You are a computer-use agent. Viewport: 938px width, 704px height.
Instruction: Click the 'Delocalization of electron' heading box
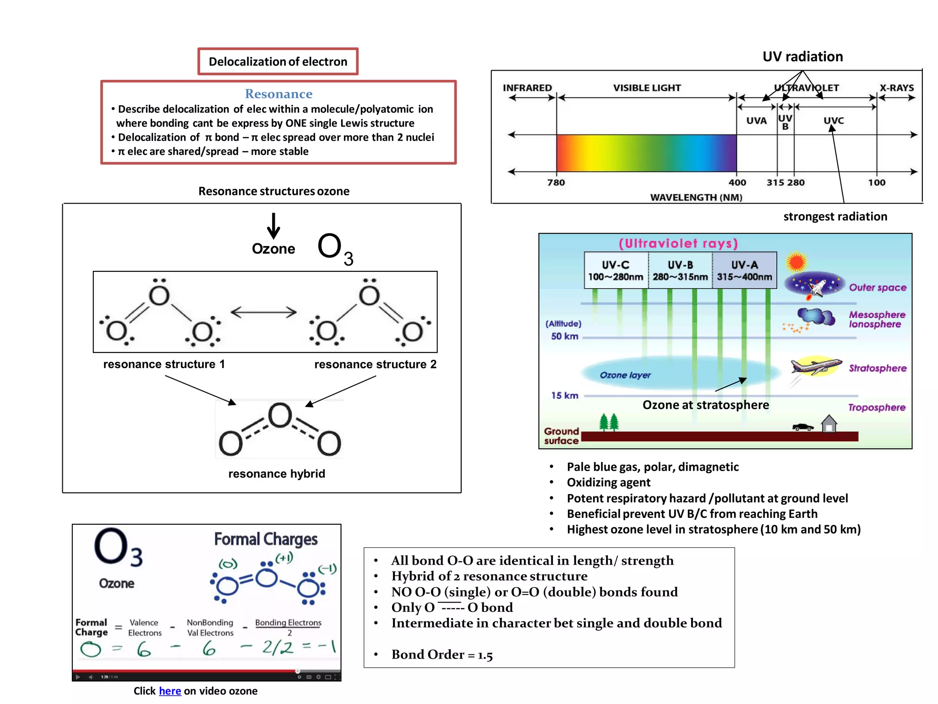tap(278, 61)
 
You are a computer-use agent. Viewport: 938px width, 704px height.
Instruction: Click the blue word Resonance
tap(278, 94)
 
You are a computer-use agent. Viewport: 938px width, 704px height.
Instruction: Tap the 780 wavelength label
tap(556, 182)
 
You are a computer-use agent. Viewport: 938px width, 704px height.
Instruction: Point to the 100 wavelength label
tap(876, 182)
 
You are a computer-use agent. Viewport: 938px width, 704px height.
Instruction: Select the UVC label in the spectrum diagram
tap(833, 121)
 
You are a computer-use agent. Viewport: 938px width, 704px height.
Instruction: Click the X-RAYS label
tap(896, 88)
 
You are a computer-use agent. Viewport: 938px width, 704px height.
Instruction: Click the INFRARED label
tap(527, 88)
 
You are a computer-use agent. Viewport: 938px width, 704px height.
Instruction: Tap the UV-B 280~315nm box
tap(680, 270)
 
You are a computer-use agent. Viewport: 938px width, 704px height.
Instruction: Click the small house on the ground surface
tap(829, 424)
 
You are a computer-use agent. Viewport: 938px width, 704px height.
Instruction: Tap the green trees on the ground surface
tap(609, 422)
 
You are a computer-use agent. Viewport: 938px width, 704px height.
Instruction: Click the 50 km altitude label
tap(564, 336)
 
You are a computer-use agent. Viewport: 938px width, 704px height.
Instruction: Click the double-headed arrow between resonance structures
tap(263, 313)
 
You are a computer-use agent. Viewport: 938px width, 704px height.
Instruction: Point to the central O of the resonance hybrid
tap(279, 415)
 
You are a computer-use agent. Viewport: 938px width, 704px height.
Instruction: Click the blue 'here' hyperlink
tap(170, 691)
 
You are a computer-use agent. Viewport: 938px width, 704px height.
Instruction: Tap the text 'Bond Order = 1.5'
tap(442, 654)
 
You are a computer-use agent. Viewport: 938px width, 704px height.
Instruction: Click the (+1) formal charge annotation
tap(284, 558)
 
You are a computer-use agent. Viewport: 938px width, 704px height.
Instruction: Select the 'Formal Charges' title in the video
tap(266, 539)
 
